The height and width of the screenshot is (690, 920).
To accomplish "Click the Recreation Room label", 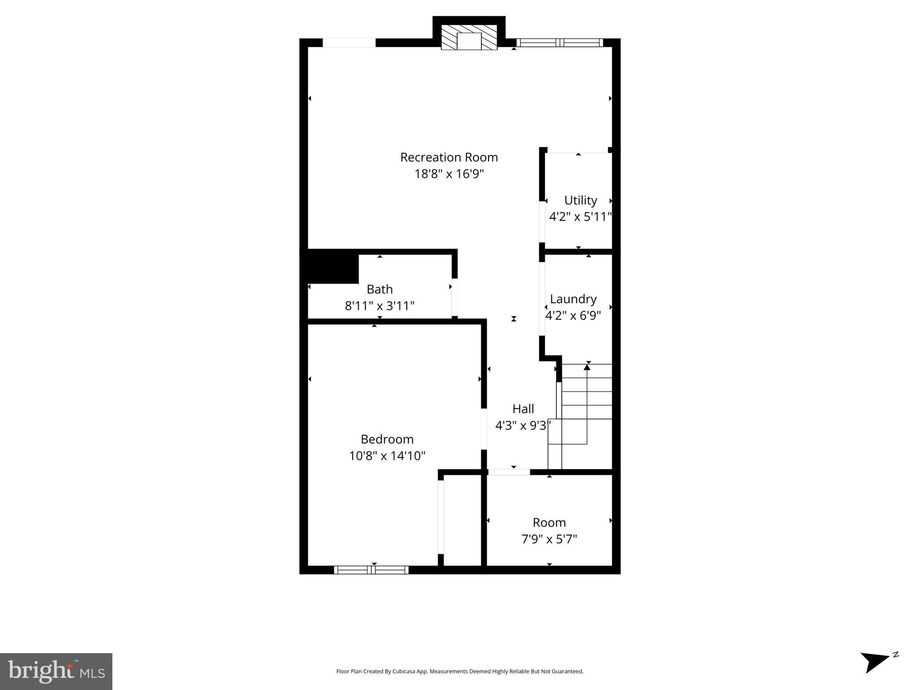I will coord(449,157).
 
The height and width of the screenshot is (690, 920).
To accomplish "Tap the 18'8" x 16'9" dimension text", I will coord(449,174).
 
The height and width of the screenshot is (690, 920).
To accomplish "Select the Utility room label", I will coord(581,200).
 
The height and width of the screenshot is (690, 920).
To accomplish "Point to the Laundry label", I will coord(573,299).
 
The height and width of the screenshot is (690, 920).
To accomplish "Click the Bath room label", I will coord(380,289).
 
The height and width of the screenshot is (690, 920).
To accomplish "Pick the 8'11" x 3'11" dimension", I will coord(380,306).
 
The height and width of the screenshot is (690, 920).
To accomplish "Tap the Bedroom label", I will coord(387,439).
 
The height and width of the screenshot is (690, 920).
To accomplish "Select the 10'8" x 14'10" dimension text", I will coord(387,456).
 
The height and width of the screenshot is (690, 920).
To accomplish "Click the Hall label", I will coord(523,409).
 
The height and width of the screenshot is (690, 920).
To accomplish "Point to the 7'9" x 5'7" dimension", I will coord(549,539).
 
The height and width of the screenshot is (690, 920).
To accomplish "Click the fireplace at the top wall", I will coord(469,37).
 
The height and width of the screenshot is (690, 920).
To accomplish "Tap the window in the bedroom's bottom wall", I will coord(371,570).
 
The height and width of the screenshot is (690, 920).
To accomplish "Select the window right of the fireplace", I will coord(560,43).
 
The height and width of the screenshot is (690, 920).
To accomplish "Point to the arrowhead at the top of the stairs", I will coord(587,367).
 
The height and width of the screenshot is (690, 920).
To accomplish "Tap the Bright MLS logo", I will coord(56,671).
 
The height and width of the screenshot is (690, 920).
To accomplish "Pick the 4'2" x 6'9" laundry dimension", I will coord(573,316).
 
